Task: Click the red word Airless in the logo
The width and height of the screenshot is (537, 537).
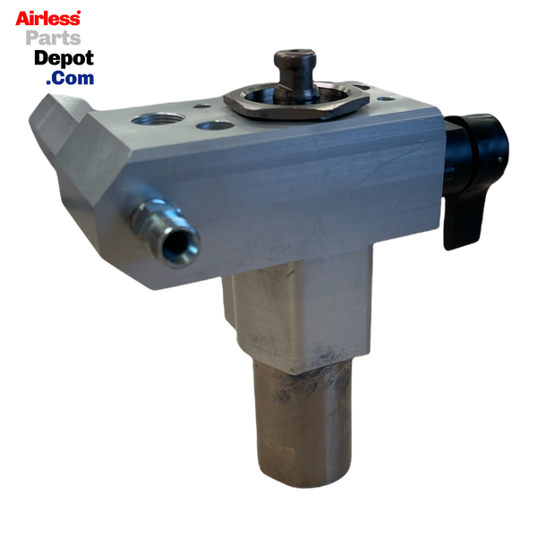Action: tap(48, 19)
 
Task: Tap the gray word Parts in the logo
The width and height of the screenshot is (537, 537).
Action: tap(54, 38)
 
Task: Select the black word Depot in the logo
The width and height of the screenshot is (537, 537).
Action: tap(64, 58)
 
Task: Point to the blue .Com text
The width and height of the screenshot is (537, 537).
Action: tap(70, 78)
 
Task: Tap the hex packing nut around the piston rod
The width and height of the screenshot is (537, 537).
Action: tap(296, 102)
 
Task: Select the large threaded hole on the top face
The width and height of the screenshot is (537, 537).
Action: tap(158, 120)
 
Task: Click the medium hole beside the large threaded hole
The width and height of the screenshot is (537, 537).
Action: tap(216, 125)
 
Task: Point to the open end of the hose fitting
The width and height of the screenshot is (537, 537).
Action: tap(179, 245)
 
